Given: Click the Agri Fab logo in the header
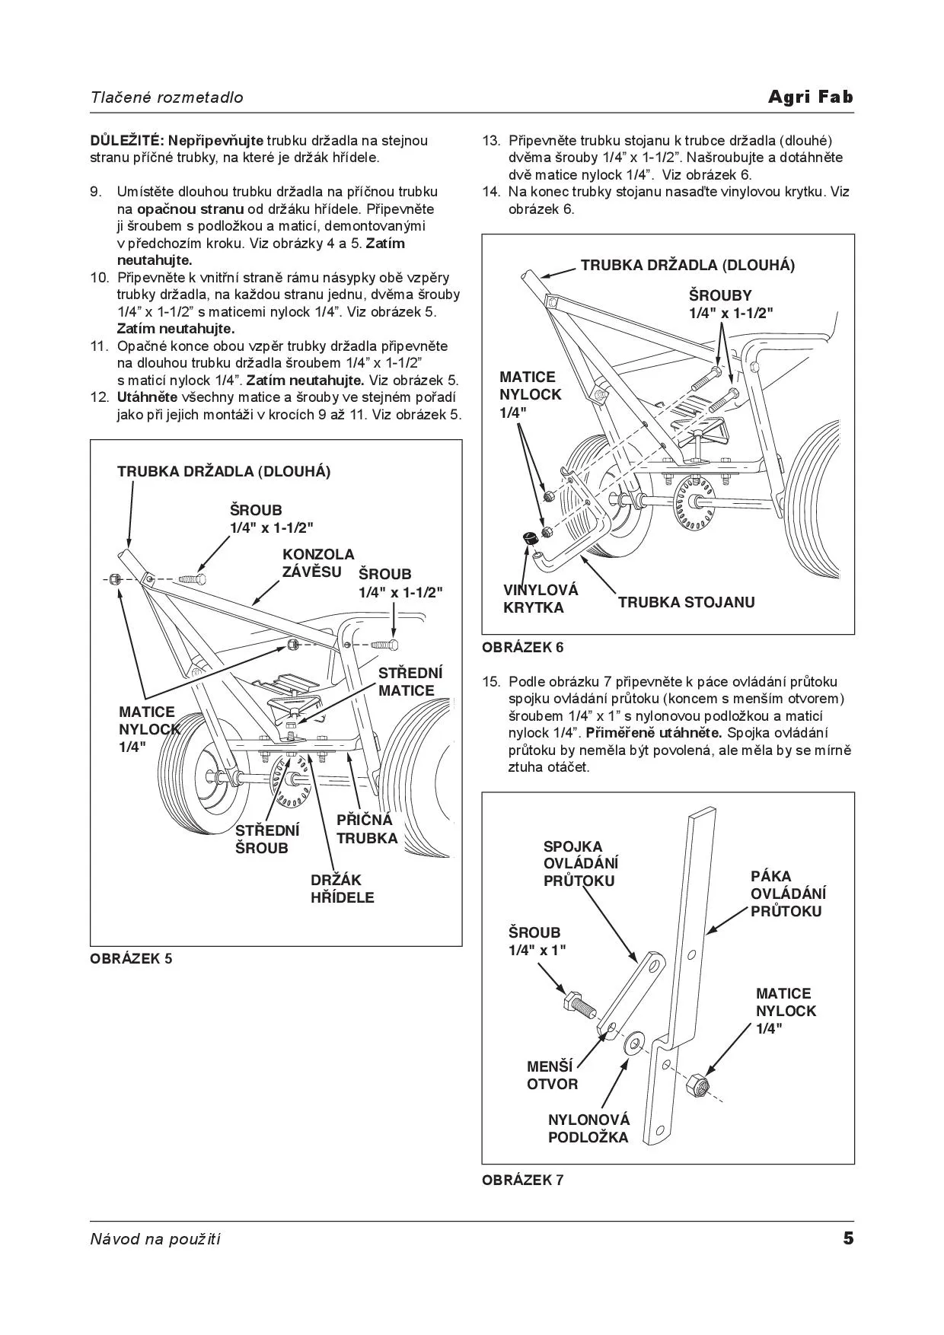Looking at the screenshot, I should [810, 97].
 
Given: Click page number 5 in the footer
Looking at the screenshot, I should [848, 1238].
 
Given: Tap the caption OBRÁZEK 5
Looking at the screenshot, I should [131, 958].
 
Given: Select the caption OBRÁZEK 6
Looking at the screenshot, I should [523, 648].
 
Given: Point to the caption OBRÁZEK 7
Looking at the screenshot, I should [523, 1180].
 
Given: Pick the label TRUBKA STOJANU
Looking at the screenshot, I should [686, 602].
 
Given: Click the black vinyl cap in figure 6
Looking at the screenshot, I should [529, 538].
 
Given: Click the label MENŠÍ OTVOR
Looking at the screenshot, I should [552, 1075].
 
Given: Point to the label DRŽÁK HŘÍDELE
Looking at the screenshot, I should [342, 889].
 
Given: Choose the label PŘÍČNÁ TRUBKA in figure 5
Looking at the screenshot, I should [366, 829].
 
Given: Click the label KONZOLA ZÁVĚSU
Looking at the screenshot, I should [318, 563].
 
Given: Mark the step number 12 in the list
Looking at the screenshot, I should [99, 397].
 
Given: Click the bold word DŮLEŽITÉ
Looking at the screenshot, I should [126, 141].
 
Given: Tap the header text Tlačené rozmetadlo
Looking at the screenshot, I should [167, 97].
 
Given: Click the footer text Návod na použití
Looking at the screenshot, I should [155, 1239].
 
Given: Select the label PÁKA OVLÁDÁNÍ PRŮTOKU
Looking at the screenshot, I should [788, 894].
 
